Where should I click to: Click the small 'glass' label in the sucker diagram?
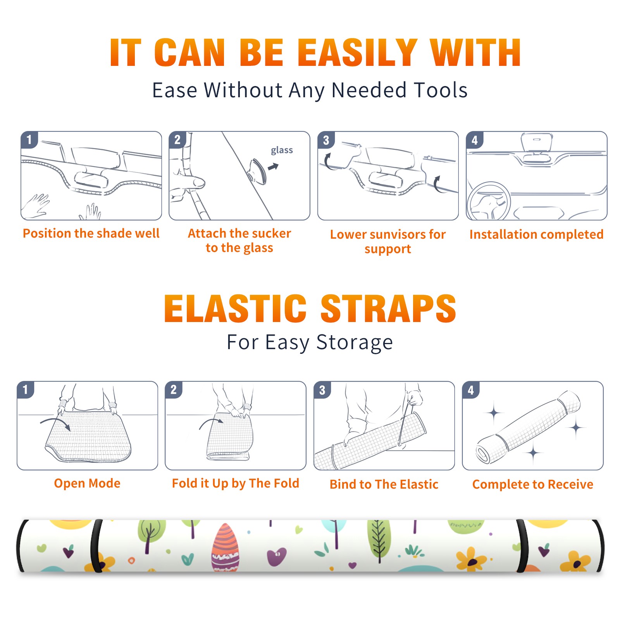[282, 150]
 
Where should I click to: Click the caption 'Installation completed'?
[536, 234]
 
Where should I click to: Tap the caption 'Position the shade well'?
[91, 233]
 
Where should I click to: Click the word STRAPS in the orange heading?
[388, 308]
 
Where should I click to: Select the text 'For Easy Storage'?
[310, 343]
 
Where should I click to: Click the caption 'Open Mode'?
[87, 483]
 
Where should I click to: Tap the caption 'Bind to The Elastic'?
[384, 484]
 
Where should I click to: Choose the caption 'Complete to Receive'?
[533, 484]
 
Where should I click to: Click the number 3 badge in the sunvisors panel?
[326, 140]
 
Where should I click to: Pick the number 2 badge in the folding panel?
[174, 389]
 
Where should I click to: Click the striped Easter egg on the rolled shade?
[225, 548]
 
